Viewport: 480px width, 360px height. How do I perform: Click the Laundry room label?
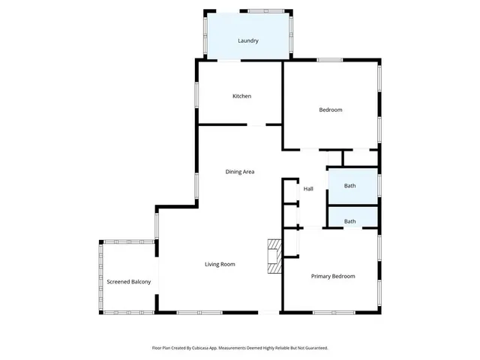click(248, 40)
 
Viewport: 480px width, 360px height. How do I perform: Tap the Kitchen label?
click(241, 96)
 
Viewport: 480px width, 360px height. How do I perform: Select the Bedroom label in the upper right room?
click(331, 109)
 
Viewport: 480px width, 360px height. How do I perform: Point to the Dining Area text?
click(240, 172)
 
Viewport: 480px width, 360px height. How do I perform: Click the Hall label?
click(308, 188)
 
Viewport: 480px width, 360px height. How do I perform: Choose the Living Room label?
click(220, 264)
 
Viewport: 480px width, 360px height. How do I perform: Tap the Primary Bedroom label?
click(333, 276)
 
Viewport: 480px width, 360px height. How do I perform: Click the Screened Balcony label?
click(129, 282)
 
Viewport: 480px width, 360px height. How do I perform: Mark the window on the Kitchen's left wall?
click(197, 95)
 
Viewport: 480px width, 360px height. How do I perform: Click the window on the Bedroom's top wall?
click(330, 60)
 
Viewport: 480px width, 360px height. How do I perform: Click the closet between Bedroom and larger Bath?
click(353, 158)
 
